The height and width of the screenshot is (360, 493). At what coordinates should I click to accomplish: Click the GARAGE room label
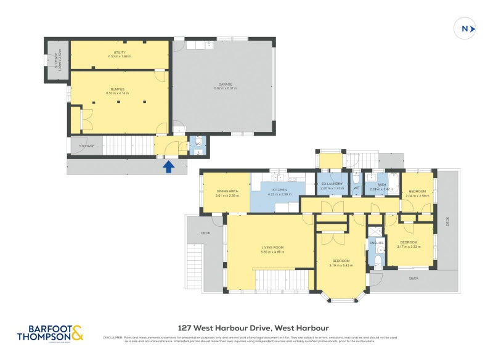click(x=225, y=86)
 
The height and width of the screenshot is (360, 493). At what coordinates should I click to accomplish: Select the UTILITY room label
click(x=120, y=53)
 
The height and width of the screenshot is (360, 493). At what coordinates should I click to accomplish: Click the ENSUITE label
click(x=377, y=242)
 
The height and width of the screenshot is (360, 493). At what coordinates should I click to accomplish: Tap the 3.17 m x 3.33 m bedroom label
click(x=409, y=242)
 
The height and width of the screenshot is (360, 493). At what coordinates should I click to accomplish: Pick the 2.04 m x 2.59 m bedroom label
click(x=417, y=192)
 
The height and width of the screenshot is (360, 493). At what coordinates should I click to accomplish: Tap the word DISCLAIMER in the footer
click(x=113, y=337)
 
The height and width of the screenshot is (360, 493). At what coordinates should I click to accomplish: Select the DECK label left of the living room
click(x=205, y=233)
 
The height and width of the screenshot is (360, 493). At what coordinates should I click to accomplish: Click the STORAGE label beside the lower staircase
click(x=86, y=146)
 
